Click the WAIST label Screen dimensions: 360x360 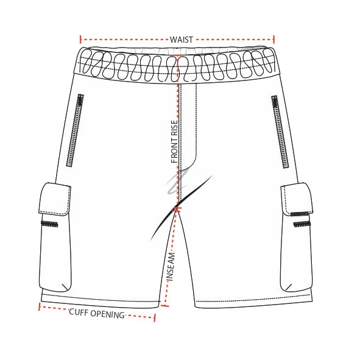(181, 40)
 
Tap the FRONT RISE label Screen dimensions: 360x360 (174, 141)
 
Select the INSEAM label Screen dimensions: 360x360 (171, 267)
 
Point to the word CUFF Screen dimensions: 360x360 (78, 312)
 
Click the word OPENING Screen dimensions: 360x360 (107, 314)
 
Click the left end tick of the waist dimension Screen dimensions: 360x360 (80, 40)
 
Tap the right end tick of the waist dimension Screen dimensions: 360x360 (274, 40)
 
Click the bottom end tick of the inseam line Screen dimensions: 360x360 (165, 306)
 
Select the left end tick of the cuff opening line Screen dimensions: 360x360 (40, 306)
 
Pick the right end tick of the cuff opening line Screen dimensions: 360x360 (155, 318)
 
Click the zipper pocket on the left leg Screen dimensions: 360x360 (75, 130)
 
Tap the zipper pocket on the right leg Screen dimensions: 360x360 (280, 132)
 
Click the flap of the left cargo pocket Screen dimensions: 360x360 (55, 199)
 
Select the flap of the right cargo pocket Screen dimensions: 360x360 (297, 199)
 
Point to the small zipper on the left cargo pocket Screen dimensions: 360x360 (49, 224)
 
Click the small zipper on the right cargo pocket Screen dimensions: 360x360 (302, 224)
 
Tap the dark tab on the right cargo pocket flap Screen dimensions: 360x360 (299, 214)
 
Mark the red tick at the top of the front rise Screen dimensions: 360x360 (177, 55)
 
